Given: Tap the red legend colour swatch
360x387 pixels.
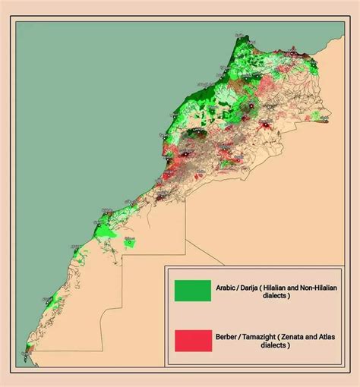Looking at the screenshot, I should click(x=192, y=340).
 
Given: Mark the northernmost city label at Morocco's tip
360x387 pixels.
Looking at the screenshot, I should click(x=241, y=36).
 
